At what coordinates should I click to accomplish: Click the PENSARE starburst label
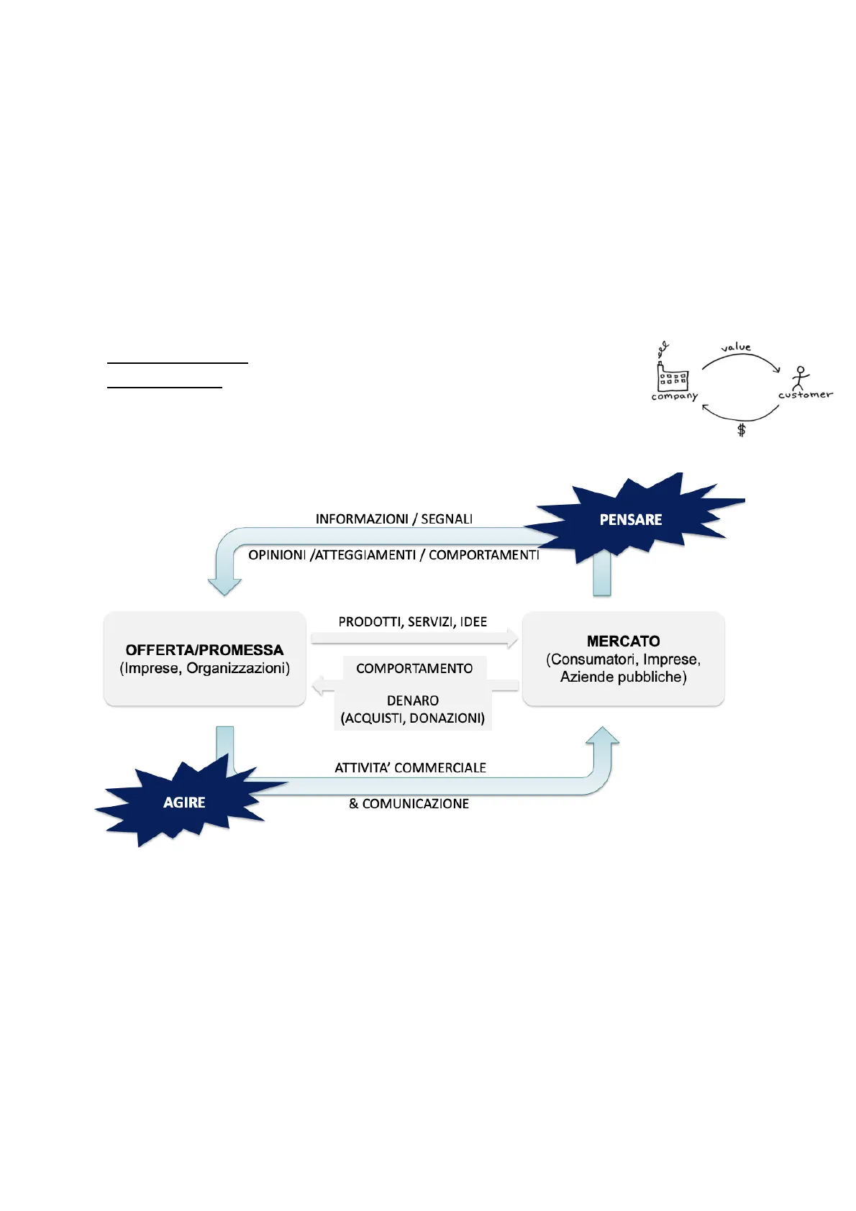click(x=630, y=519)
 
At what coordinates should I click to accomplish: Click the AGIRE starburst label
click(x=184, y=803)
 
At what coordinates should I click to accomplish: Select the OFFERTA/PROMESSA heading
click(x=204, y=650)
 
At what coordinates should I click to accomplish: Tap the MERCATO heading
click(x=623, y=641)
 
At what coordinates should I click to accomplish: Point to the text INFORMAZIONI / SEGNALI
click(x=393, y=518)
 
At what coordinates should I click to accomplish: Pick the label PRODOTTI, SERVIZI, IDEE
click(x=412, y=621)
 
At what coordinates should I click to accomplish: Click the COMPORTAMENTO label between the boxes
click(x=414, y=668)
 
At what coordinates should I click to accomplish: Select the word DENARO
click(x=412, y=700)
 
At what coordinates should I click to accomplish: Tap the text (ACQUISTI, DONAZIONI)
click(x=412, y=718)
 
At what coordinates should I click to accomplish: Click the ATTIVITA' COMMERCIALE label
click(x=410, y=767)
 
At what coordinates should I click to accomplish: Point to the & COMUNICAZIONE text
click(x=409, y=803)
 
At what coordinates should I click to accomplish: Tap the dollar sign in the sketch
click(x=742, y=430)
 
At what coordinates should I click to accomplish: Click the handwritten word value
click(x=736, y=347)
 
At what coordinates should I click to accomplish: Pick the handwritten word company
click(x=674, y=396)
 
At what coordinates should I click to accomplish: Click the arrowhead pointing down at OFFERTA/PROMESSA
click(x=224, y=585)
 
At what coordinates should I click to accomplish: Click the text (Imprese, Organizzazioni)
click(x=204, y=668)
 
